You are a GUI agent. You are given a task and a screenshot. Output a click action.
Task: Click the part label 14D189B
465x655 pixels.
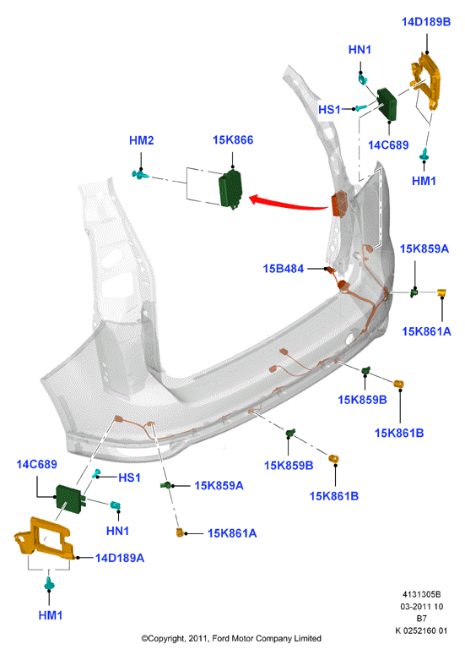(426, 22)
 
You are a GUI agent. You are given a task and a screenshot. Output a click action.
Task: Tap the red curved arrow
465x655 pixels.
(288, 204)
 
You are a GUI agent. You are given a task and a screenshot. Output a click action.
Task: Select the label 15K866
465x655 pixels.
(233, 140)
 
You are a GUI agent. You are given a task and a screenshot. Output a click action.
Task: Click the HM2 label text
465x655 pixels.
(142, 140)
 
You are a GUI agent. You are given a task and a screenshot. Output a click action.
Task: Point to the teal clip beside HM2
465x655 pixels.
(140, 174)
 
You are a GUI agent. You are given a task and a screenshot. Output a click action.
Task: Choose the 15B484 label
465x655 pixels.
(284, 269)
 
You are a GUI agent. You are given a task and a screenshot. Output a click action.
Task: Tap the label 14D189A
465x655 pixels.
(120, 558)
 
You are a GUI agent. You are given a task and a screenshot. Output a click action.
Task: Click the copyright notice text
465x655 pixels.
(231, 638)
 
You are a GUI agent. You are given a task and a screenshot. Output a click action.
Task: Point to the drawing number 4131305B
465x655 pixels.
(421, 594)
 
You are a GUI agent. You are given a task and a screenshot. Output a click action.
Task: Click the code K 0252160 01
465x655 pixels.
(421, 630)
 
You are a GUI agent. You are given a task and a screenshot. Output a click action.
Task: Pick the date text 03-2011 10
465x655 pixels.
(422, 606)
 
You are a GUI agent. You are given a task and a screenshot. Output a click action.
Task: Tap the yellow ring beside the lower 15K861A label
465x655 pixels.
(180, 532)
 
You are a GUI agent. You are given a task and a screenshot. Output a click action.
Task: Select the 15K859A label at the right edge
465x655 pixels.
(424, 249)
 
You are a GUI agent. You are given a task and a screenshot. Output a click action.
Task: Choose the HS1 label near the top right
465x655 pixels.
(329, 109)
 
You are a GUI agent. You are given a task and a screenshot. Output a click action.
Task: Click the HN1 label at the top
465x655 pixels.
(360, 50)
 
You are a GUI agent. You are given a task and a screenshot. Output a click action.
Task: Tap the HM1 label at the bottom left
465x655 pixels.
(50, 615)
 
